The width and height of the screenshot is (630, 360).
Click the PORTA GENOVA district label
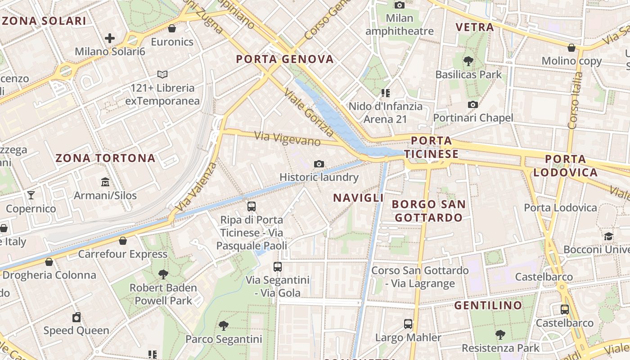tap(285, 59)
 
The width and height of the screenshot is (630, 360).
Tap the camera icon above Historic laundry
tap(319, 164)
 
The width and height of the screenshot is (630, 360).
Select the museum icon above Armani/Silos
tap(105, 182)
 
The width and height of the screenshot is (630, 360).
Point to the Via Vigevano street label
tap(287, 138)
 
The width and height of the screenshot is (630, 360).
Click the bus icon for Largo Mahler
tap(408, 324)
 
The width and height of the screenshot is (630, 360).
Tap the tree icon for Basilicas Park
tap(468, 61)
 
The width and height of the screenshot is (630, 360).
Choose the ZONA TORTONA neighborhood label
tap(105, 158)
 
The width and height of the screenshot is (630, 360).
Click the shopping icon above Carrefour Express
tap(123, 241)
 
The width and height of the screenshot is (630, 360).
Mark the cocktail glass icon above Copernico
tap(31, 195)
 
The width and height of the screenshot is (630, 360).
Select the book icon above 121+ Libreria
tap(162, 74)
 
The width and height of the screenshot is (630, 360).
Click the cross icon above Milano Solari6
tap(110, 38)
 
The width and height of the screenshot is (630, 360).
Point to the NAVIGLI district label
tap(358, 198)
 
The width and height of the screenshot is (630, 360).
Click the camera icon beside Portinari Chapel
tap(472, 105)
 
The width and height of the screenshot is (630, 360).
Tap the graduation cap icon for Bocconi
tap(608, 236)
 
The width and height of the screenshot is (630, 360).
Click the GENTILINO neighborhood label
tap(488, 306)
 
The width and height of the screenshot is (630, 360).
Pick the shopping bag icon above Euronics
tap(171, 29)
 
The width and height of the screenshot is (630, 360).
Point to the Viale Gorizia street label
tap(310, 112)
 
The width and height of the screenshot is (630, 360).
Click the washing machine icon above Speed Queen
tap(76, 317)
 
